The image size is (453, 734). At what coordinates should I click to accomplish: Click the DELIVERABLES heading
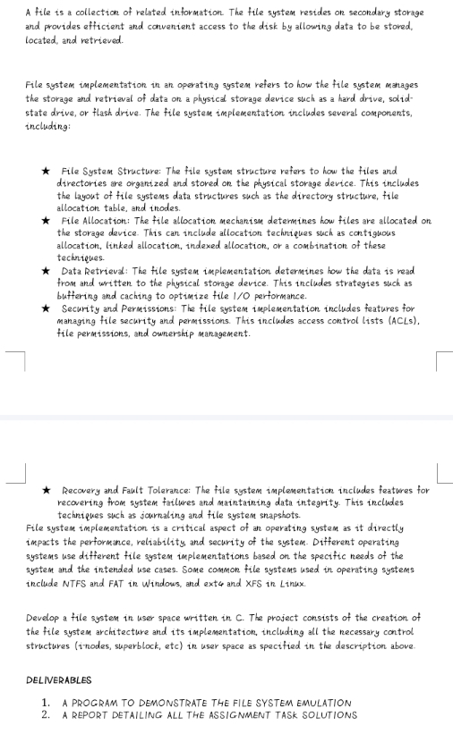click(x=59, y=681)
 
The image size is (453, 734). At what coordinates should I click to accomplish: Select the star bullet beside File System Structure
click(x=46, y=171)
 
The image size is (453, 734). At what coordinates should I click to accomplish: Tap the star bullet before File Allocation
click(x=46, y=220)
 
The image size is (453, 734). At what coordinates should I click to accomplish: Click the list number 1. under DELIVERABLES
click(x=46, y=703)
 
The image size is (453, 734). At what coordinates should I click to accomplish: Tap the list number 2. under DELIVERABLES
click(x=46, y=714)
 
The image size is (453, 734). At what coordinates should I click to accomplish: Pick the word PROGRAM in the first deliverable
click(x=98, y=703)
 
